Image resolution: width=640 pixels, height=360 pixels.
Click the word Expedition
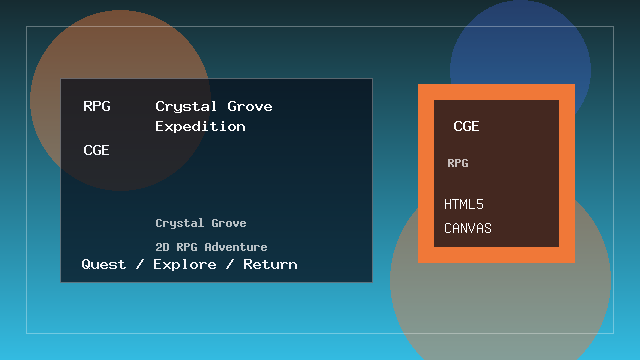(x=200, y=127)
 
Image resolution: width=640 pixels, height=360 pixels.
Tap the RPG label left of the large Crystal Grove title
(x=97, y=106)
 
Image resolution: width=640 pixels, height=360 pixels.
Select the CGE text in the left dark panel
(x=96, y=151)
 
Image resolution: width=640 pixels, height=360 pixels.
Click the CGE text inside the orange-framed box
(x=466, y=127)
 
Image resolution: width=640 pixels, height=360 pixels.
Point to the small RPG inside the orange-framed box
(x=458, y=163)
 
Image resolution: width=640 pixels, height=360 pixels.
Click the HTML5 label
(x=464, y=205)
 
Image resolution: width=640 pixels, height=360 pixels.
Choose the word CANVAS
(x=468, y=229)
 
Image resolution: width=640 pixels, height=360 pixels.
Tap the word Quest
(x=104, y=264)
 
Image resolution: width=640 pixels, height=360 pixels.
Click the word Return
(x=270, y=264)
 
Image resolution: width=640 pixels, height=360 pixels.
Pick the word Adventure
(x=235, y=247)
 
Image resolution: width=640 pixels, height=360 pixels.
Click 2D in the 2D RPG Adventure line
(x=161, y=247)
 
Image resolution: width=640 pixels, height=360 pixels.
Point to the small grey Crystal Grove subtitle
(x=201, y=223)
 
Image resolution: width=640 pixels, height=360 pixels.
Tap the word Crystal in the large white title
(x=185, y=106)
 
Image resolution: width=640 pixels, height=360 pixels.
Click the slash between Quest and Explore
(x=137, y=264)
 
